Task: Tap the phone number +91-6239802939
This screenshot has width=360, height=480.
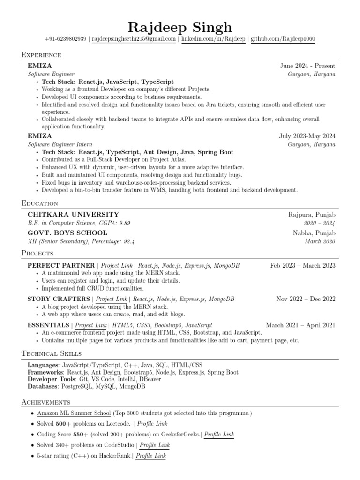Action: (65, 39)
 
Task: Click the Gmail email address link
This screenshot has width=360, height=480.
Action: (134, 39)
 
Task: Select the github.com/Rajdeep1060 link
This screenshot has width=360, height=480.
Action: (283, 39)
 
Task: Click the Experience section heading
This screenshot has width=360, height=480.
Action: (41, 55)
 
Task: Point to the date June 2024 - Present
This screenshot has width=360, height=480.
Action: (307, 66)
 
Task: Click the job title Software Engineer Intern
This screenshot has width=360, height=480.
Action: (60, 144)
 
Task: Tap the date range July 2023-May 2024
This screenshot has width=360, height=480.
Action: (307, 136)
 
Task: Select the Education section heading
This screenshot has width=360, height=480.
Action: (40, 203)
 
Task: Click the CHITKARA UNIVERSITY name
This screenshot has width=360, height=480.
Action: (73, 214)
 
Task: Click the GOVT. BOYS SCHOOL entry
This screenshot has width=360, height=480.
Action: (67, 233)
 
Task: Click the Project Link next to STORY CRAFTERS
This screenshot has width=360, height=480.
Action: (112, 299)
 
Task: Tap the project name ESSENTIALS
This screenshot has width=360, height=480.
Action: (48, 325)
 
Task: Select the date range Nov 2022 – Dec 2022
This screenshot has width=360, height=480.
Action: (306, 299)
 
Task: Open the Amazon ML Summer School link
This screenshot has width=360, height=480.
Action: (74, 413)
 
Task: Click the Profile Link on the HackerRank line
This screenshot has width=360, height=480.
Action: (150, 456)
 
